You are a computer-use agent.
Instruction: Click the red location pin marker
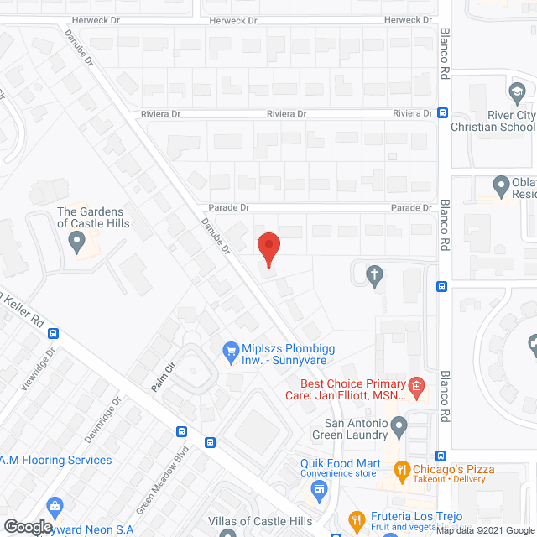click(268, 247)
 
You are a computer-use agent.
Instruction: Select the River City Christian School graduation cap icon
click(517, 90)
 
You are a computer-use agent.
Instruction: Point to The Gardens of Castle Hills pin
click(78, 243)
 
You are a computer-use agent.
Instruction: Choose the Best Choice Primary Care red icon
click(415, 385)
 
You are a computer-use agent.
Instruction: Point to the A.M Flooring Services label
click(55, 460)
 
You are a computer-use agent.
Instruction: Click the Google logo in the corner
click(27, 527)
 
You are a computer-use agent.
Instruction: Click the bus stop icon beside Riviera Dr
click(442, 113)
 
